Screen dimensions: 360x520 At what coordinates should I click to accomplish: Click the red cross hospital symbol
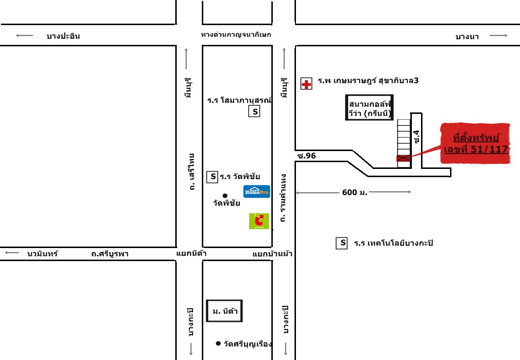click(x=306, y=84)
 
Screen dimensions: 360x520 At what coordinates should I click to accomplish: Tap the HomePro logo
click(x=256, y=192)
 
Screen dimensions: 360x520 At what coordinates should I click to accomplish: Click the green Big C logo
click(x=259, y=221)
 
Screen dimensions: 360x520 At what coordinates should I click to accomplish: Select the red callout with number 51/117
click(x=476, y=143)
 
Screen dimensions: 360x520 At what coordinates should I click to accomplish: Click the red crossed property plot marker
click(x=404, y=158)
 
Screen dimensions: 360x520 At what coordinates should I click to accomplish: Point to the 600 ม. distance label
click(x=354, y=193)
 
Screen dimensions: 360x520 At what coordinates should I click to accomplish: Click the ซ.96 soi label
click(x=306, y=155)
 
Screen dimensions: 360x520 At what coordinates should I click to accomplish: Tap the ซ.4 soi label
click(x=416, y=137)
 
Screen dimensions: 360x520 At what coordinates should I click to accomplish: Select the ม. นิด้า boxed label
click(x=225, y=311)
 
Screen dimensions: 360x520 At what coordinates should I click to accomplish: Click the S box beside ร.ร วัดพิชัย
click(x=212, y=177)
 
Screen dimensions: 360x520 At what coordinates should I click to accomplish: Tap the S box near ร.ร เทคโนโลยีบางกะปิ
click(x=342, y=243)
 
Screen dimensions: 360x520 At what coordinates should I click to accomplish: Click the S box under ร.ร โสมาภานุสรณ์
click(x=254, y=112)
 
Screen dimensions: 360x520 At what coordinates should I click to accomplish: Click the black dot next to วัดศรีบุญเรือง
click(x=218, y=344)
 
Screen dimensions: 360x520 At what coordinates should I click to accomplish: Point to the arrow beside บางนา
click(x=498, y=36)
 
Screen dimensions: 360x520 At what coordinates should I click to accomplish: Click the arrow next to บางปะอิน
click(x=24, y=35)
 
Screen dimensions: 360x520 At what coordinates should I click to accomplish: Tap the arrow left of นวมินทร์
click(x=12, y=253)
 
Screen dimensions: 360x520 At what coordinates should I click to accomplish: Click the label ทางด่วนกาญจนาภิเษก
click(x=236, y=35)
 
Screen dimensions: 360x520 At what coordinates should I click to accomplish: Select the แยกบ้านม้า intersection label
click(x=272, y=254)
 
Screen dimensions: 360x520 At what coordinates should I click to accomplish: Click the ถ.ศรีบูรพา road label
click(x=110, y=254)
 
